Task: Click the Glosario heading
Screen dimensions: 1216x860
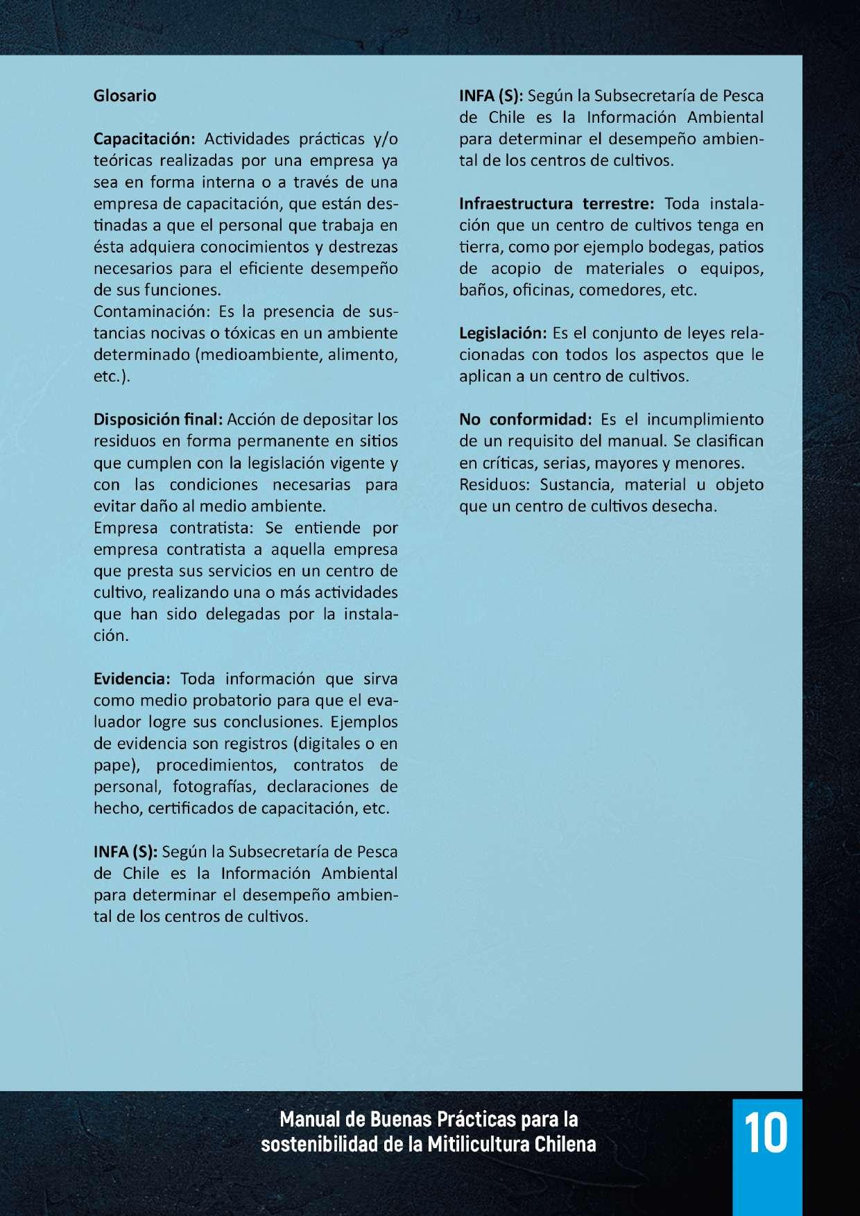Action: (125, 96)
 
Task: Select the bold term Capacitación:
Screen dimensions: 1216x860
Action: (145, 139)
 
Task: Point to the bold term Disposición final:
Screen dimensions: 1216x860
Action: (158, 420)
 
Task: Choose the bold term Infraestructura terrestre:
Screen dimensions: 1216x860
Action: (556, 204)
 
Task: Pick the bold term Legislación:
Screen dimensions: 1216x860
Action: (503, 334)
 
